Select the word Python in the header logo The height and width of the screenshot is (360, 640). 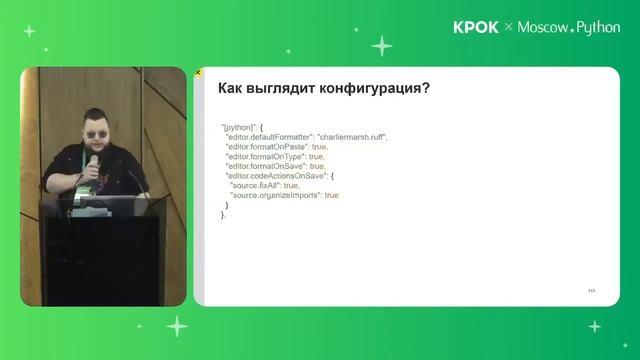pyautogui.click(x=599, y=28)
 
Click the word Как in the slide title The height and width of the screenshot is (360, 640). pyautogui.click(x=232, y=88)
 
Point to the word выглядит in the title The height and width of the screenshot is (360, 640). pyautogui.click(x=286, y=88)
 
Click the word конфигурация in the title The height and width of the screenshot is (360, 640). pyautogui.click(x=378, y=88)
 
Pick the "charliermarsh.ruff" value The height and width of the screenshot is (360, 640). pyautogui.click(x=351, y=137)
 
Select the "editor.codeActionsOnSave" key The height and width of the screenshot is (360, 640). pyautogui.click(x=273, y=176)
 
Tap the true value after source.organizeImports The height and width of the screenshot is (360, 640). pyautogui.click(x=331, y=196)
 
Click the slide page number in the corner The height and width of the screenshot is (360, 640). pyautogui.click(x=591, y=290)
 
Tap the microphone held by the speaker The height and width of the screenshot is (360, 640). pyautogui.click(x=93, y=163)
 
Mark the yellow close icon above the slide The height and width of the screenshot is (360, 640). pyautogui.click(x=198, y=72)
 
